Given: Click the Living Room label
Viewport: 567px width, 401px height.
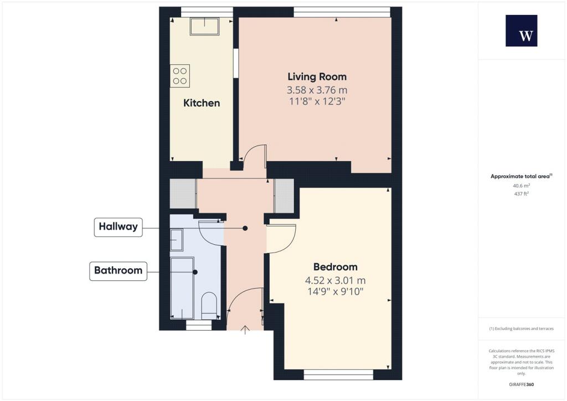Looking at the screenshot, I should (317, 77).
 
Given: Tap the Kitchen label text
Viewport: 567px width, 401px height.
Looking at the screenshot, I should (202, 103).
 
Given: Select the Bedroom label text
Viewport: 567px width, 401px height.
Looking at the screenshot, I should (335, 267).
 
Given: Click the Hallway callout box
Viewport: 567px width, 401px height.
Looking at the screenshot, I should (118, 227).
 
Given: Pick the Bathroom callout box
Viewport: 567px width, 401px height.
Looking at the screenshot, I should (118, 271).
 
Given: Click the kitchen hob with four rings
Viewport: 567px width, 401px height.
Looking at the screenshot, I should (180, 75).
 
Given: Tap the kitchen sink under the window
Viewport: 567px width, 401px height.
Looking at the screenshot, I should (204, 26).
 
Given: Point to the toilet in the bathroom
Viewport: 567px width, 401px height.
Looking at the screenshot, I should (209, 306).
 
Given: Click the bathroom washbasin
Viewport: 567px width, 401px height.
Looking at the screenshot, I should (177, 240).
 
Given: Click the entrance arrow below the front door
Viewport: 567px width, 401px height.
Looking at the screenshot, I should (245, 331).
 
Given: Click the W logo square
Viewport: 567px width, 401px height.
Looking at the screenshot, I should (521, 31).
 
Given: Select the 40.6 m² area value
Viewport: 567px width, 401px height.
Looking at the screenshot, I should (521, 187).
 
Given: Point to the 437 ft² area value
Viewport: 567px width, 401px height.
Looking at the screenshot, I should (521, 194).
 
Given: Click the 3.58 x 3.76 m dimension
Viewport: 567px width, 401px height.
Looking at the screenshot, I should (317, 90).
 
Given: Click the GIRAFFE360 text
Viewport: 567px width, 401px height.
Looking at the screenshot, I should (521, 384).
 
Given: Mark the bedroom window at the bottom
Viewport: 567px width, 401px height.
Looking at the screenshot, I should (338, 376).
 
